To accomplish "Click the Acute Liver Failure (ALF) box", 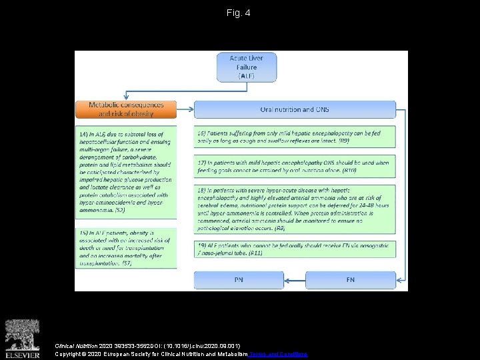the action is [246, 67].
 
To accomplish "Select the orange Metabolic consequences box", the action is [126, 109].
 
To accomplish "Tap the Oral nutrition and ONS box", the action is [295, 109].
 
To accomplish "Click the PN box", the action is [238, 280].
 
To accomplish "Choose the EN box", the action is [350, 280].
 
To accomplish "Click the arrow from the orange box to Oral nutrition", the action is [186, 109].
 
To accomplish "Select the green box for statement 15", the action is [126, 247].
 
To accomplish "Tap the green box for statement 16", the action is [295, 137].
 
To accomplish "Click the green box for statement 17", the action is [295, 166].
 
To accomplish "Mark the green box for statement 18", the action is [295, 209].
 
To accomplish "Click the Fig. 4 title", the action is [238, 13].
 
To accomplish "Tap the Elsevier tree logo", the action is [22, 333].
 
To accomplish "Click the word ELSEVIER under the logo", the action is [22, 355].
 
